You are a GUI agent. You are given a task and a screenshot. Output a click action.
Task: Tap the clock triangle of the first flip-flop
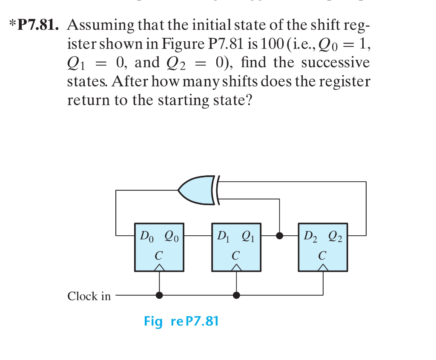tap(159, 267)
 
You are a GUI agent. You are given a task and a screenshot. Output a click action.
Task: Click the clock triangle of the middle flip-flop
tap(236, 267)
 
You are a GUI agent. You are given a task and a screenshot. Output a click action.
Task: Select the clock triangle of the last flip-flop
tap(323, 267)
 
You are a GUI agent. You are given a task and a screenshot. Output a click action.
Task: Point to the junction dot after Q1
tap(279, 235)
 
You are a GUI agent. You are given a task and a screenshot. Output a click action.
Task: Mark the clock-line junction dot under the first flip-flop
tap(159, 295)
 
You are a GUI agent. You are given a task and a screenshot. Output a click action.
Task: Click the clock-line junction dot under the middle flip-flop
tap(236, 295)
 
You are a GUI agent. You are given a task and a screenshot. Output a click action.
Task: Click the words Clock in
tap(89, 296)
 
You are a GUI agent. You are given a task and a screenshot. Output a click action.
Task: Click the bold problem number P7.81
tap(37, 26)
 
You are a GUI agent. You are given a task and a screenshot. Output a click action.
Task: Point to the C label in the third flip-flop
tap(322, 256)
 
